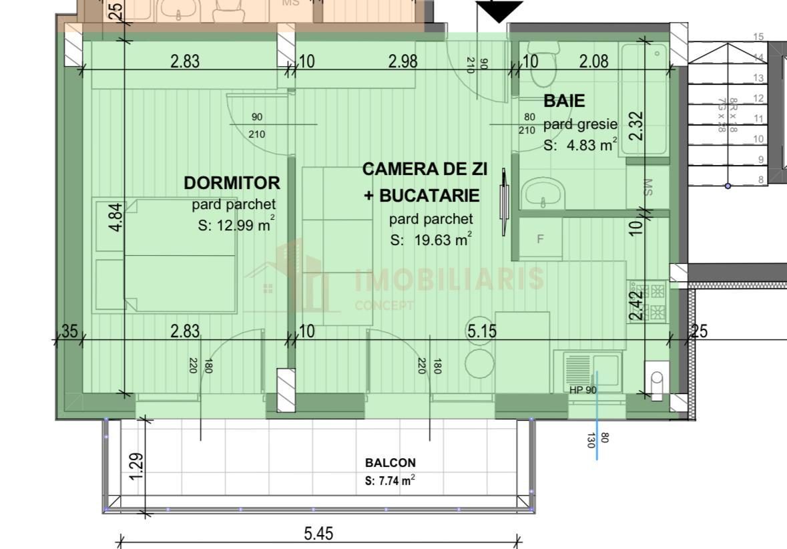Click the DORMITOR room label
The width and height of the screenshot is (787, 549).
point(232,182)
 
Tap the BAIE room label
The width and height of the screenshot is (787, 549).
point(564,101)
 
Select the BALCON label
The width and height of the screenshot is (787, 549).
point(390,462)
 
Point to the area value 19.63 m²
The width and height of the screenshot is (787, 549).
point(431,240)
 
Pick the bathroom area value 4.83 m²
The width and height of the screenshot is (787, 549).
point(579,144)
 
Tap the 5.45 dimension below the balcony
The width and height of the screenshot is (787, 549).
point(318,534)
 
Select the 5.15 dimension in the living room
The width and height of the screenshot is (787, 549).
point(481,330)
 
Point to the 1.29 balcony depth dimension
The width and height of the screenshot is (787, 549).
point(136,466)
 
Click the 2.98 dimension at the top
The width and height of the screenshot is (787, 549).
point(403,61)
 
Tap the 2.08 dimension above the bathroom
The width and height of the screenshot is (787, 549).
point(593,61)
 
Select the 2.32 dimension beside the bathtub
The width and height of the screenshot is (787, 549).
point(636,125)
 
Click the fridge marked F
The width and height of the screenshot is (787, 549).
point(540,238)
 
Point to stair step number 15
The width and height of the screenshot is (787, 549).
point(758,37)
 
